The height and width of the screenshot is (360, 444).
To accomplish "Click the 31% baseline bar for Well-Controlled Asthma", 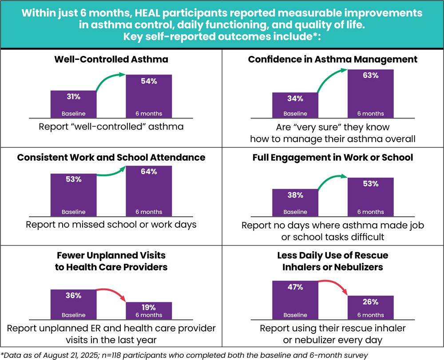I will [x=73, y=104].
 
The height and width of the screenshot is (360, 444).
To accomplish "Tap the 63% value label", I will [x=370, y=75].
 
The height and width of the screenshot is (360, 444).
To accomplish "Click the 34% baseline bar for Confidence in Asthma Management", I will [x=295, y=105].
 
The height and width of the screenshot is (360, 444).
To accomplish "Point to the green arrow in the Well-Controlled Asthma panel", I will [x=111, y=82].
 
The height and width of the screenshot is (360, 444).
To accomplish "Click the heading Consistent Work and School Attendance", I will [x=111, y=157].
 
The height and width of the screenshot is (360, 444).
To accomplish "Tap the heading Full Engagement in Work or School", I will [x=333, y=157].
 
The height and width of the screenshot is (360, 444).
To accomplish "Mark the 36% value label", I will [x=73, y=295].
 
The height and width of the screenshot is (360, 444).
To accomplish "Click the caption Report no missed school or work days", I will [x=111, y=224].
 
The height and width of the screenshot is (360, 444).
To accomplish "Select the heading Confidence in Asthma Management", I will [x=333, y=59].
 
